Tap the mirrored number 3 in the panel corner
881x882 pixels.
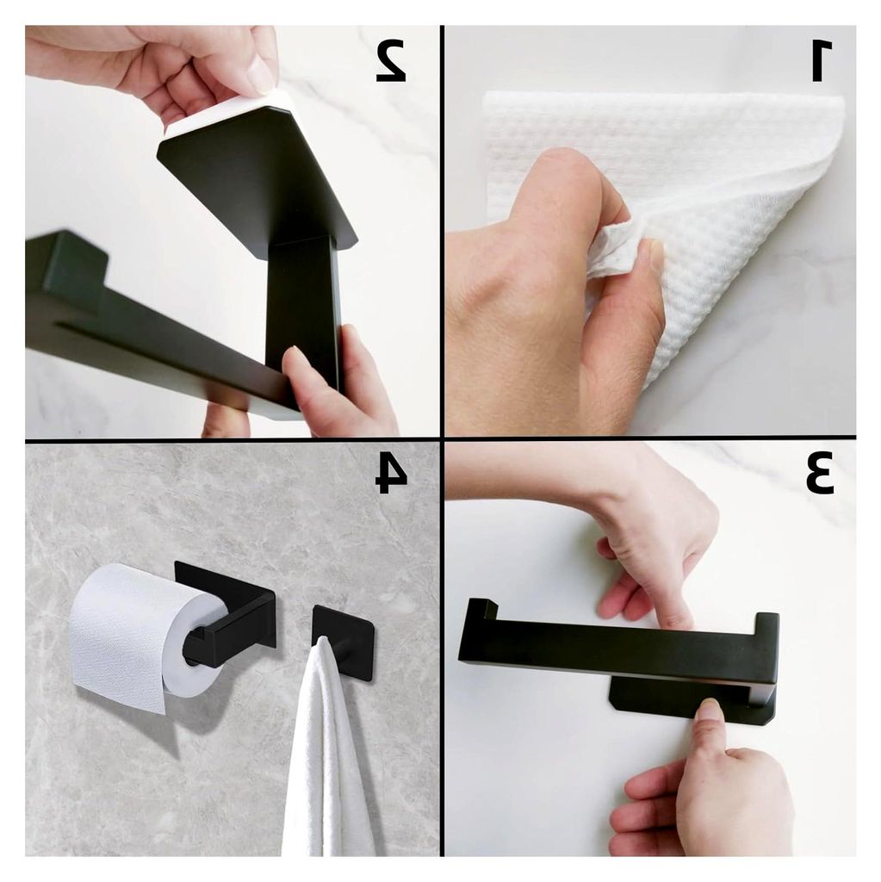click(x=819, y=475)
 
